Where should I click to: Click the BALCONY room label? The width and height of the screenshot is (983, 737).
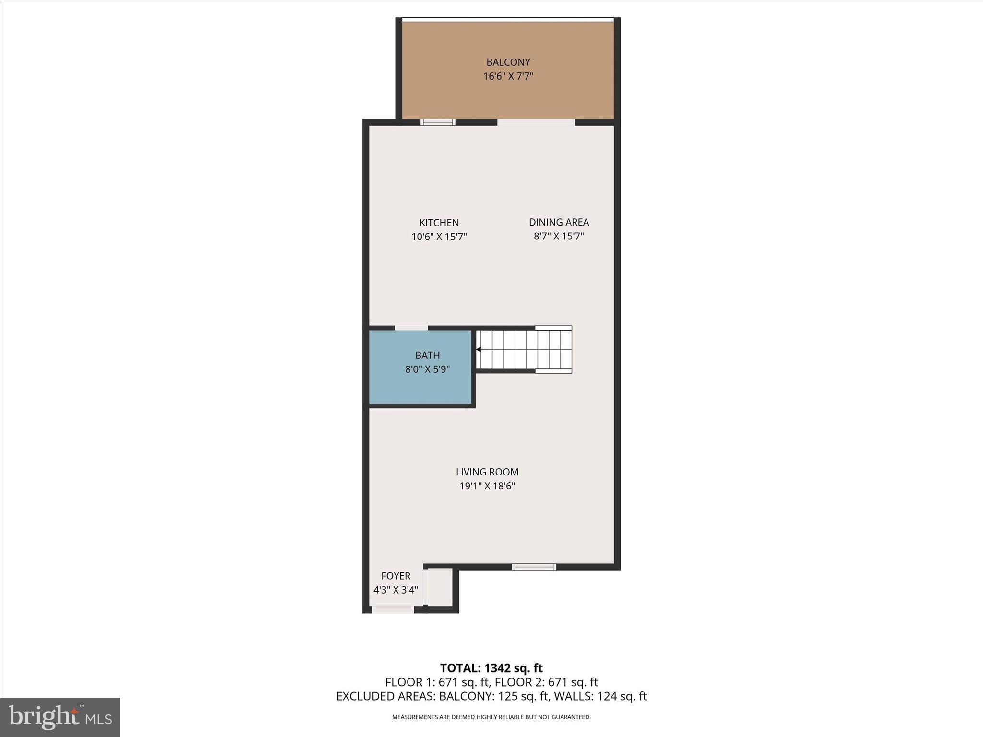coord(508,62)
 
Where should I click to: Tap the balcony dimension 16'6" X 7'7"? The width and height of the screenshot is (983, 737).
coord(508,76)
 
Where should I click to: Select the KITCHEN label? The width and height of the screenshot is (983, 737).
coord(439,223)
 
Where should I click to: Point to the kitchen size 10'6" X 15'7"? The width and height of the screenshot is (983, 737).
coord(439,237)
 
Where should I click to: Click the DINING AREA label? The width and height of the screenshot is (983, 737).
coord(559,222)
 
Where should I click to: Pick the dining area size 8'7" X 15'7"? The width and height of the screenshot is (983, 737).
coord(559,236)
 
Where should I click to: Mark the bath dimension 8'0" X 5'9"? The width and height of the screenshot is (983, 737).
coord(427,369)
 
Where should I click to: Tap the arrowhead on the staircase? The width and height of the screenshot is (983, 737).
coord(479,350)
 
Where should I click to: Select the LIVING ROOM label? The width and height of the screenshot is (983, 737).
coord(487,472)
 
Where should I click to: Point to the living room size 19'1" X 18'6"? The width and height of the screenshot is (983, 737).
coord(487,486)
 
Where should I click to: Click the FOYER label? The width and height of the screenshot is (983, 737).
coord(396,576)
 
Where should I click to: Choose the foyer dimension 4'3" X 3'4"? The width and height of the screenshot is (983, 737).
coord(396,590)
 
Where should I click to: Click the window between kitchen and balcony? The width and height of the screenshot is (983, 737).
coord(438,122)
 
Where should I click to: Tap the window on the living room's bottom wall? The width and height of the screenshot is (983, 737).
coord(534,567)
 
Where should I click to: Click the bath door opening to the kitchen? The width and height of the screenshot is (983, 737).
coord(411,328)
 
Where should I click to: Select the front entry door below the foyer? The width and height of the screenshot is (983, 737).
coord(393,610)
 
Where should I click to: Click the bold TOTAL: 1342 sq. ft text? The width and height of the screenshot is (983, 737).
coord(491,668)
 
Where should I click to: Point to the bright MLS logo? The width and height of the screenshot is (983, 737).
coord(60,717)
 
